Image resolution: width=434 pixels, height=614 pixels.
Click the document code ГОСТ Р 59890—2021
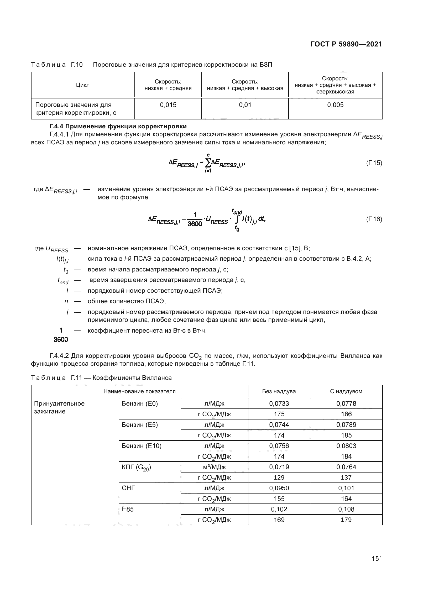click(x=346, y=44)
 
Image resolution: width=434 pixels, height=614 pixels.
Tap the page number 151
click(x=377, y=558)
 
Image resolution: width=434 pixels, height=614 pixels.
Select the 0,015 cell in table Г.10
click(x=168, y=105)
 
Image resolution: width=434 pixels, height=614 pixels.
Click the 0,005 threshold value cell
click(x=335, y=105)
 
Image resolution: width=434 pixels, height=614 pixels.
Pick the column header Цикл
click(x=83, y=85)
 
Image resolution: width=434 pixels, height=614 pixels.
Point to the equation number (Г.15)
click(x=374, y=163)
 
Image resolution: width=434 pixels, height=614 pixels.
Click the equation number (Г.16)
click(x=374, y=219)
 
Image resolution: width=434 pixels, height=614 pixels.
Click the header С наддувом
click(x=346, y=391)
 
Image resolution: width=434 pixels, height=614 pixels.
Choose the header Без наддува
click(x=279, y=391)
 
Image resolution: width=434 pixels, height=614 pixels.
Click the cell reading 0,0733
click(x=279, y=403)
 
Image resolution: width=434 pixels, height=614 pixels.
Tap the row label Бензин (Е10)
click(x=142, y=446)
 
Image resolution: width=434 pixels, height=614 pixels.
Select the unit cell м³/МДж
click(x=214, y=467)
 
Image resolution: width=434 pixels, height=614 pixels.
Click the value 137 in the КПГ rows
click(x=346, y=477)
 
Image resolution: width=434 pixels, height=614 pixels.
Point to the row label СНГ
click(x=128, y=488)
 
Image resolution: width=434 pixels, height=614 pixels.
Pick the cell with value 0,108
click(x=346, y=509)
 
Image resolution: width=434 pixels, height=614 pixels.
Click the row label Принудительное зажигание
click(x=59, y=407)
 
